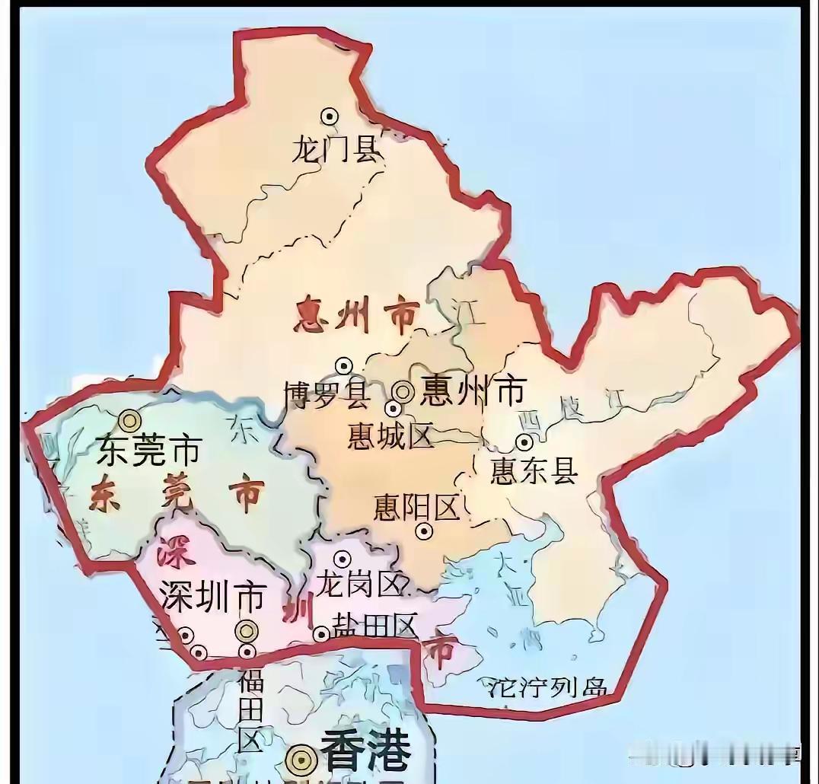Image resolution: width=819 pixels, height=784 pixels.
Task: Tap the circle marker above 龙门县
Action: coord(330,116)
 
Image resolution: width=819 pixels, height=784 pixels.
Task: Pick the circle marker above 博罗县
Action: coord(343,365)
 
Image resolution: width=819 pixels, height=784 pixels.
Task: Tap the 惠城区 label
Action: coord(390,436)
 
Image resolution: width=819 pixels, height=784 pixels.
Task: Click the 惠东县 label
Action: coord(534,472)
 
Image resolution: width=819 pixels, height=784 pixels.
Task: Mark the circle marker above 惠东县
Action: coord(524,442)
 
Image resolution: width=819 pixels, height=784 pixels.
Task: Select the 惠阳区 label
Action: coord(417,508)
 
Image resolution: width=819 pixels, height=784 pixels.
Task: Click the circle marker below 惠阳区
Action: coord(424,531)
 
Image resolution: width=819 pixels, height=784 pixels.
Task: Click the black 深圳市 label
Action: coord(212,596)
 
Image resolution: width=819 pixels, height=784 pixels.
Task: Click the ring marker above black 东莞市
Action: coord(129,420)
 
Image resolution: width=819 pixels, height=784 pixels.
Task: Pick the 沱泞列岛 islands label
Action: coord(547,687)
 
